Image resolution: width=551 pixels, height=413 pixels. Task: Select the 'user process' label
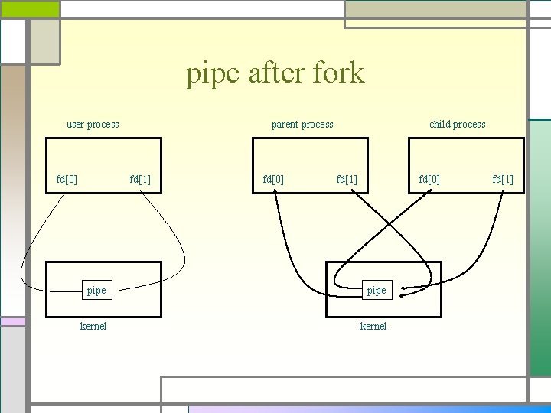[93, 124]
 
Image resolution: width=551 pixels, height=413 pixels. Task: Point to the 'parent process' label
[302, 124]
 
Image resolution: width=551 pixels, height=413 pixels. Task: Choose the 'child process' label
[457, 124]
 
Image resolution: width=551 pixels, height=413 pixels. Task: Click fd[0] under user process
[67, 180]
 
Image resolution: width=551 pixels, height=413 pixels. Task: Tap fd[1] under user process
[140, 180]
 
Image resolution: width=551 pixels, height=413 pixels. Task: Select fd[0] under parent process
[273, 180]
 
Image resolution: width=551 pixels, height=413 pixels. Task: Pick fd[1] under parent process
[347, 180]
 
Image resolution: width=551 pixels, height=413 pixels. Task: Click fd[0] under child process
[429, 180]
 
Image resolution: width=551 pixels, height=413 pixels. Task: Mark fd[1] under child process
[503, 180]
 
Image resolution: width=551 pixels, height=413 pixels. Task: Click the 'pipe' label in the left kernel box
[96, 291]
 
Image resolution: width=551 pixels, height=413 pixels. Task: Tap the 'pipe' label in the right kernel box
[377, 291]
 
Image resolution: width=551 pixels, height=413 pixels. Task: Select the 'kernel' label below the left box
[93, 327]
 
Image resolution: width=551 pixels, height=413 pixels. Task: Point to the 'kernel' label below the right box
[373, 327]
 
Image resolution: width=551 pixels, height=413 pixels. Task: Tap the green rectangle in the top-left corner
[30, 8]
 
